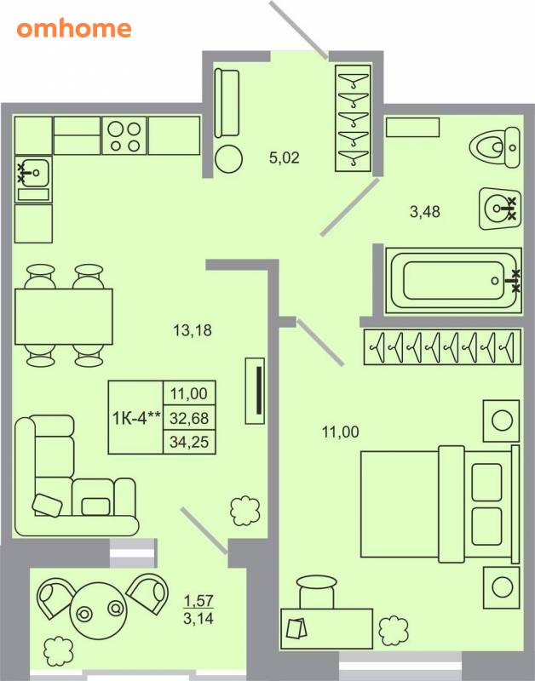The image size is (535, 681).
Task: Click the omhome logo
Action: [74, 29]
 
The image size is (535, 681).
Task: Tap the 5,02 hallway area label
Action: [285, 157]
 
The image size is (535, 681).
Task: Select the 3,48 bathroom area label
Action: [424, 211]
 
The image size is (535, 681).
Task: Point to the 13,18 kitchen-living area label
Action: [193, 330]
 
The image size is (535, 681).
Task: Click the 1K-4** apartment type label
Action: [136, 418]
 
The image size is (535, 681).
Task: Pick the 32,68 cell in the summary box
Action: [189, 418]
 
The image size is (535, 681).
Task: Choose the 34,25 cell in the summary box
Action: [189, 442]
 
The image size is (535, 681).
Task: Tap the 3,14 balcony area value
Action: [198, 618]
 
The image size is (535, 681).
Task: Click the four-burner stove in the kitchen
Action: [124, 135]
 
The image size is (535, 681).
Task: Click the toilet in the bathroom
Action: [495, 147]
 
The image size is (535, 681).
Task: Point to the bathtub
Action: [453, 281]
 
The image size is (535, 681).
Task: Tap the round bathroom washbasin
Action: [499, 209]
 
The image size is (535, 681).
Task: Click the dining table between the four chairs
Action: [64, 317]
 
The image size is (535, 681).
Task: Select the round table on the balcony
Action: [99, 611]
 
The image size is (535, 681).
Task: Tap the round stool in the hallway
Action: [228, 159]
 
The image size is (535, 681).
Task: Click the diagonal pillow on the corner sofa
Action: [47, 505]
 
